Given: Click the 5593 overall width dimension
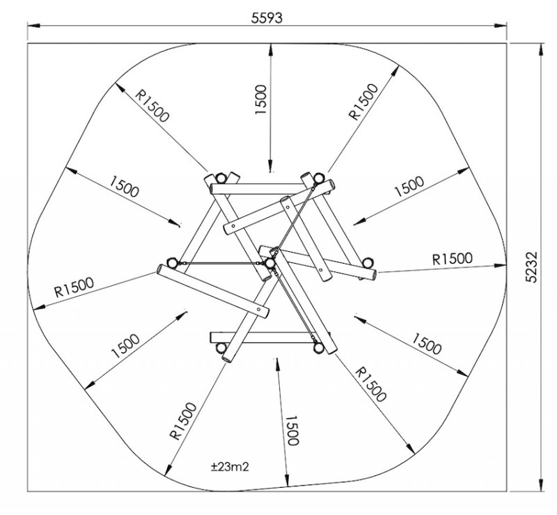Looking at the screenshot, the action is click(x=267, y=18).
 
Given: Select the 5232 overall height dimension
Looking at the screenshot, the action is click(x=531, y=267).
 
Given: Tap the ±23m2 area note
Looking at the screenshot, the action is click(x=230, y=466).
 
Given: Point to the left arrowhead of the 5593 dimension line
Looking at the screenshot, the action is click(x=33, y=26).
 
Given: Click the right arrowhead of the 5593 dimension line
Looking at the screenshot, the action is click(x=501, y=25).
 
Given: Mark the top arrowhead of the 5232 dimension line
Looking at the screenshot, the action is click(x=541, y=49).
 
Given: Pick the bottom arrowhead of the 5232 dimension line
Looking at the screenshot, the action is click(x=541, y=486).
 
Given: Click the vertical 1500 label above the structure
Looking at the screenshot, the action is click(x=260, y=100).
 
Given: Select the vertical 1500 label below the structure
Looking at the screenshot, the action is click(x=292, y=431).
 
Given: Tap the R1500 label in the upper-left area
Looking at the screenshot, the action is click(x=152, y=105).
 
